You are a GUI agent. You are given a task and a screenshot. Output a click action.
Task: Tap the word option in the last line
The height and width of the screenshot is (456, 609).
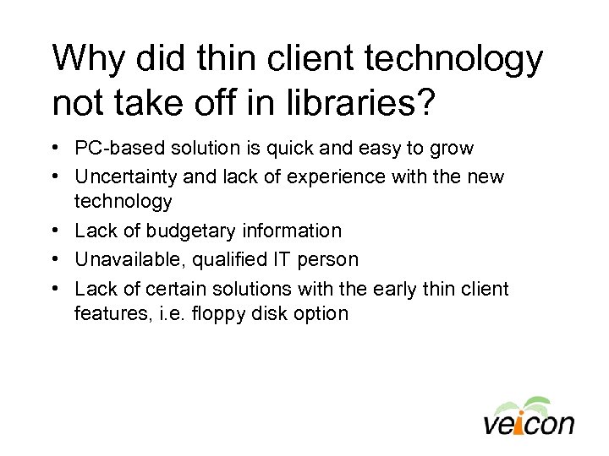(321, 313)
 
